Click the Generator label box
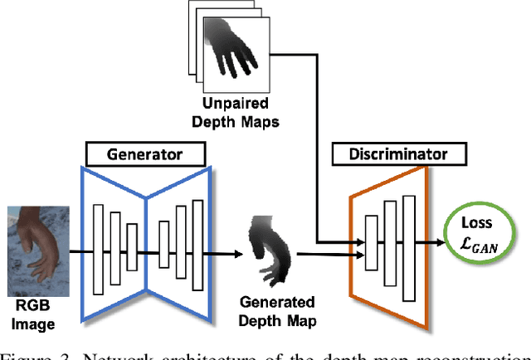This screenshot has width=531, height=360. [146, 153]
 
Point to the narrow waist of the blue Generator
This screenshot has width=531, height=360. [146, 246]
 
